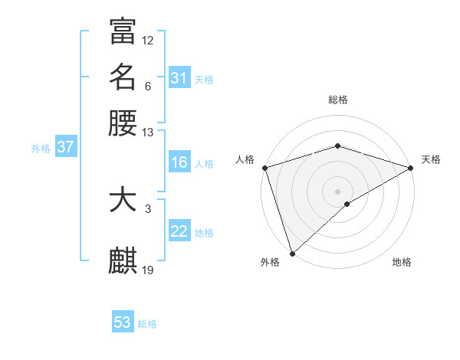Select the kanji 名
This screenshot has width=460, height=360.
[123, 77]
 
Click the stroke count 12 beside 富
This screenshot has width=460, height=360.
[148, 40]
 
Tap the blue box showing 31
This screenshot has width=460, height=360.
[179, 77]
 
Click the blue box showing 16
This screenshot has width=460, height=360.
[179, 162]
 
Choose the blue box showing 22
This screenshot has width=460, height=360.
[179, 231]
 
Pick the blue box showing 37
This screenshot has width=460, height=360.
[65, 147]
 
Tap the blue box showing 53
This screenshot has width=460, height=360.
[123, 322]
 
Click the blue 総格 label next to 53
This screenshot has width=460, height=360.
[147, 324]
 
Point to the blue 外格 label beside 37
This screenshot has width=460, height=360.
[41, 149]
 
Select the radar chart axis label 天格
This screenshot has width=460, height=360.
[431, 159]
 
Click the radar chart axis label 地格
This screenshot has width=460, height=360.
[402, 262]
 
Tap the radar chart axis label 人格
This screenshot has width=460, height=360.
[245, 159]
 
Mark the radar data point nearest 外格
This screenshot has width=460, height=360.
[292, 254]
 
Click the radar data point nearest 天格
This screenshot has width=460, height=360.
[411, 168]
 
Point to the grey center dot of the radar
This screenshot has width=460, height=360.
[337, 191]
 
